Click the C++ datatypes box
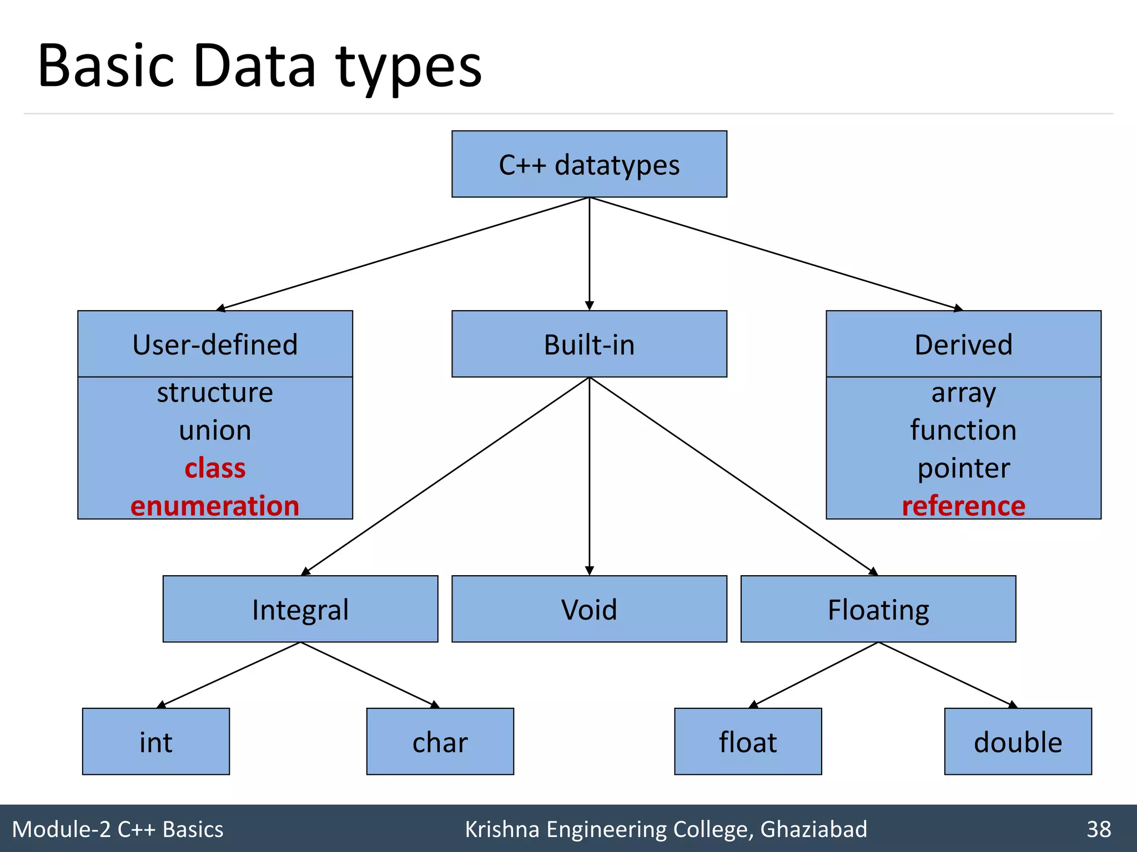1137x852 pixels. (589, 164)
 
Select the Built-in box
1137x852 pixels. (589, 344)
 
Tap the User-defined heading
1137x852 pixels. (215, 344)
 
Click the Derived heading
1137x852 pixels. (963, 344)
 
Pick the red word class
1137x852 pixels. (215, 468)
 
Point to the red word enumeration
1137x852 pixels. (215, 505)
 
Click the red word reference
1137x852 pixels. (963, 505)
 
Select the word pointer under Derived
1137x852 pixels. (963, 468)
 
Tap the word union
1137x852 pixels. (215, 430)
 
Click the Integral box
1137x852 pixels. (300, 609)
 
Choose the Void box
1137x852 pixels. (589, 609)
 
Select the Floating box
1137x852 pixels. (878, 609)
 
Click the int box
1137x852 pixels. (156, 742)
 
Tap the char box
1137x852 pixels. (440, 742)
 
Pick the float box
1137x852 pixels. (748, 742)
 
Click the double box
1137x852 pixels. (1018, 742)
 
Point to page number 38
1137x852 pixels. (1099, 829)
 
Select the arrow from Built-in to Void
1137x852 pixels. (590, 477)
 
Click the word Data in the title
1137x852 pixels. (255, 66)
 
